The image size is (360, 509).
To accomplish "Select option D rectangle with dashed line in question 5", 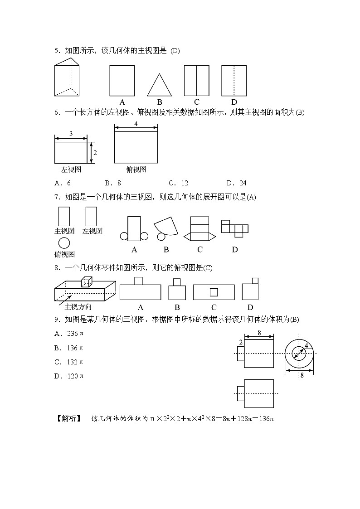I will point(234,80).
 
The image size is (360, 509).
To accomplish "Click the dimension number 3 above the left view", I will point(71,134).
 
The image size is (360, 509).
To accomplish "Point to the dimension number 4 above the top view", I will point(136,124).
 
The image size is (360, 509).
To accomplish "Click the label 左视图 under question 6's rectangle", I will point(71,170).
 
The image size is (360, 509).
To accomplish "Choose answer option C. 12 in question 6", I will point(178,183).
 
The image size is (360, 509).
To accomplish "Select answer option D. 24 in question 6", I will point(236,183).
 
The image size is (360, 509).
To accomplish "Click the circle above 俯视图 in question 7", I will point(64,243).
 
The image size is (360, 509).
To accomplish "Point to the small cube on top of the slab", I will point(87,282).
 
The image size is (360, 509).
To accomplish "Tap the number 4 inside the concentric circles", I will point(306,345).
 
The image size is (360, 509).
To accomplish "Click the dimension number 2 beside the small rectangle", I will point(240,342).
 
